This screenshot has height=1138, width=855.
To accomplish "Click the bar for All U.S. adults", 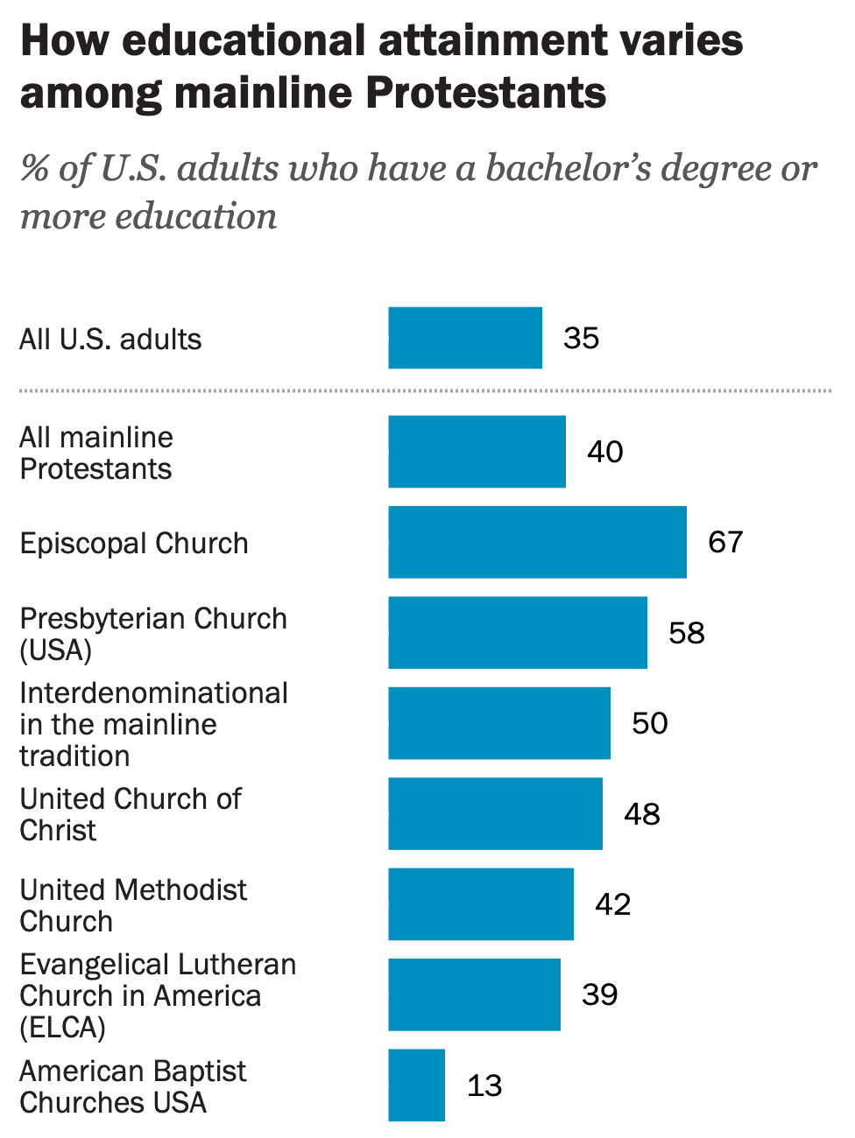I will click(x=465, y=338).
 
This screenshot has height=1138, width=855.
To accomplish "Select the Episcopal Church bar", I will click(x=537, y=542).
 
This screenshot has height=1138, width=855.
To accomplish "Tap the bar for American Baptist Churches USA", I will click(x=417, y=1085).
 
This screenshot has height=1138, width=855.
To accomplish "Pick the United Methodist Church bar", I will click(x=481, y=904).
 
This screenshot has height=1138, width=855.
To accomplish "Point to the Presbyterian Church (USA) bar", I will click(x=518, y=633).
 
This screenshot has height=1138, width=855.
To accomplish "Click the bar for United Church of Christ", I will click(x=496, y=813).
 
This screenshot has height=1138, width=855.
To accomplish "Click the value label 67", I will click(x=725, y=542).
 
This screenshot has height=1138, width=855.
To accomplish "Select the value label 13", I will click(x=484, y=1085).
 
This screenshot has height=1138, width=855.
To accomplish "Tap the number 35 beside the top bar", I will click(x=582, y=338).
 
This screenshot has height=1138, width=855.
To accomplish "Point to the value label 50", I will click(x=650, y=723).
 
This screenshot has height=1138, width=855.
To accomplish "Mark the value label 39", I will click(x=600, y=994).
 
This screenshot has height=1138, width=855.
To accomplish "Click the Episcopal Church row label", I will click(x=134, y=544).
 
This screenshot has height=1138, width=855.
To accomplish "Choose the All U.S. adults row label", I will click(x=110, y=339).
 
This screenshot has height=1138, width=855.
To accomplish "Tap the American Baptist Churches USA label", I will click(x=132, y=1086).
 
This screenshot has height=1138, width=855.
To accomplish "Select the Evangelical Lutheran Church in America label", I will click(x=158, y=995).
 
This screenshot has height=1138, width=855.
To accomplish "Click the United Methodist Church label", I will click(x=133, y=905).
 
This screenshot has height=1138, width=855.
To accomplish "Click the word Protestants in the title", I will click(x=485, y=93).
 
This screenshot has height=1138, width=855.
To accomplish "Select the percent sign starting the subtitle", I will click(x=34, y=168).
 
